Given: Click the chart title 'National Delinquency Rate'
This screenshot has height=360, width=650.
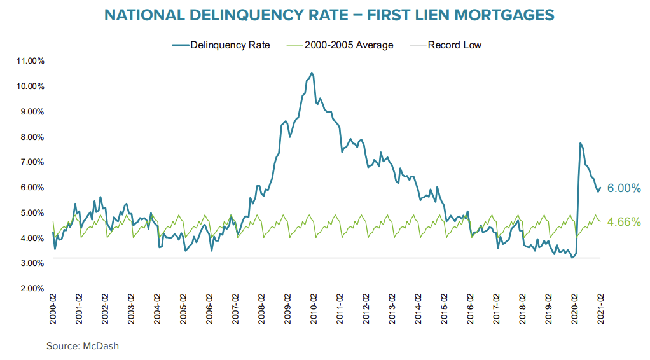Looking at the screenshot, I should (x=329, y=15).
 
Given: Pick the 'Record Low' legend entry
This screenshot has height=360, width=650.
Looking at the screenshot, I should (x=454, y=45).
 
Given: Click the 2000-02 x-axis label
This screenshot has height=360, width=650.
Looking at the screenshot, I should (x=53, y=309).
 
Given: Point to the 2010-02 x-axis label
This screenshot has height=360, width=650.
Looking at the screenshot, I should (x=314, y=309).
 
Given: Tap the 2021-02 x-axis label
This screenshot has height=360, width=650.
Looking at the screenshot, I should (x=600, y=309).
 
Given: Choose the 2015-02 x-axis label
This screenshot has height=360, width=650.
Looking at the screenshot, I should (x=445, y=309).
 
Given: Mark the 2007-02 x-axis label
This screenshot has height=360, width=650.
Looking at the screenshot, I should (x=235, y=309).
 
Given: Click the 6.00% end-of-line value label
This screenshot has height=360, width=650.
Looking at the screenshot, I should (x=624, y=188).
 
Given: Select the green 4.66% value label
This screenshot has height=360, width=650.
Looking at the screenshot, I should (x=624, y=222).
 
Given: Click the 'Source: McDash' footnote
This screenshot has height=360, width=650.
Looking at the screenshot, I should (x=83, y=346).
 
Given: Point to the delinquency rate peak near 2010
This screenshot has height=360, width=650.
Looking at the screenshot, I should (x=311, y=73).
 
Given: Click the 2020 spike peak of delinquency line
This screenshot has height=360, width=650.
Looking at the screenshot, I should (x=580, y=143).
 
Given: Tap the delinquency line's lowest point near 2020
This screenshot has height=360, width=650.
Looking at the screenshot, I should (x=572, y=257).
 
